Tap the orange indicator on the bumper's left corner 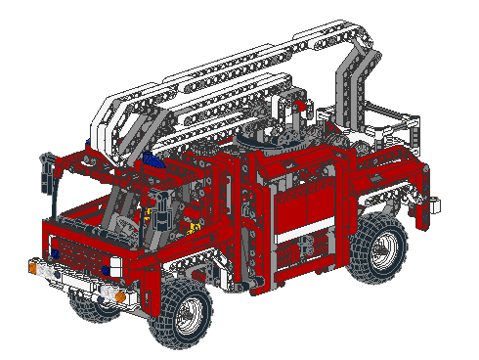coord(35,265)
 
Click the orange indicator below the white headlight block coord(121,294)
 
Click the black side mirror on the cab coord(45,176)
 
